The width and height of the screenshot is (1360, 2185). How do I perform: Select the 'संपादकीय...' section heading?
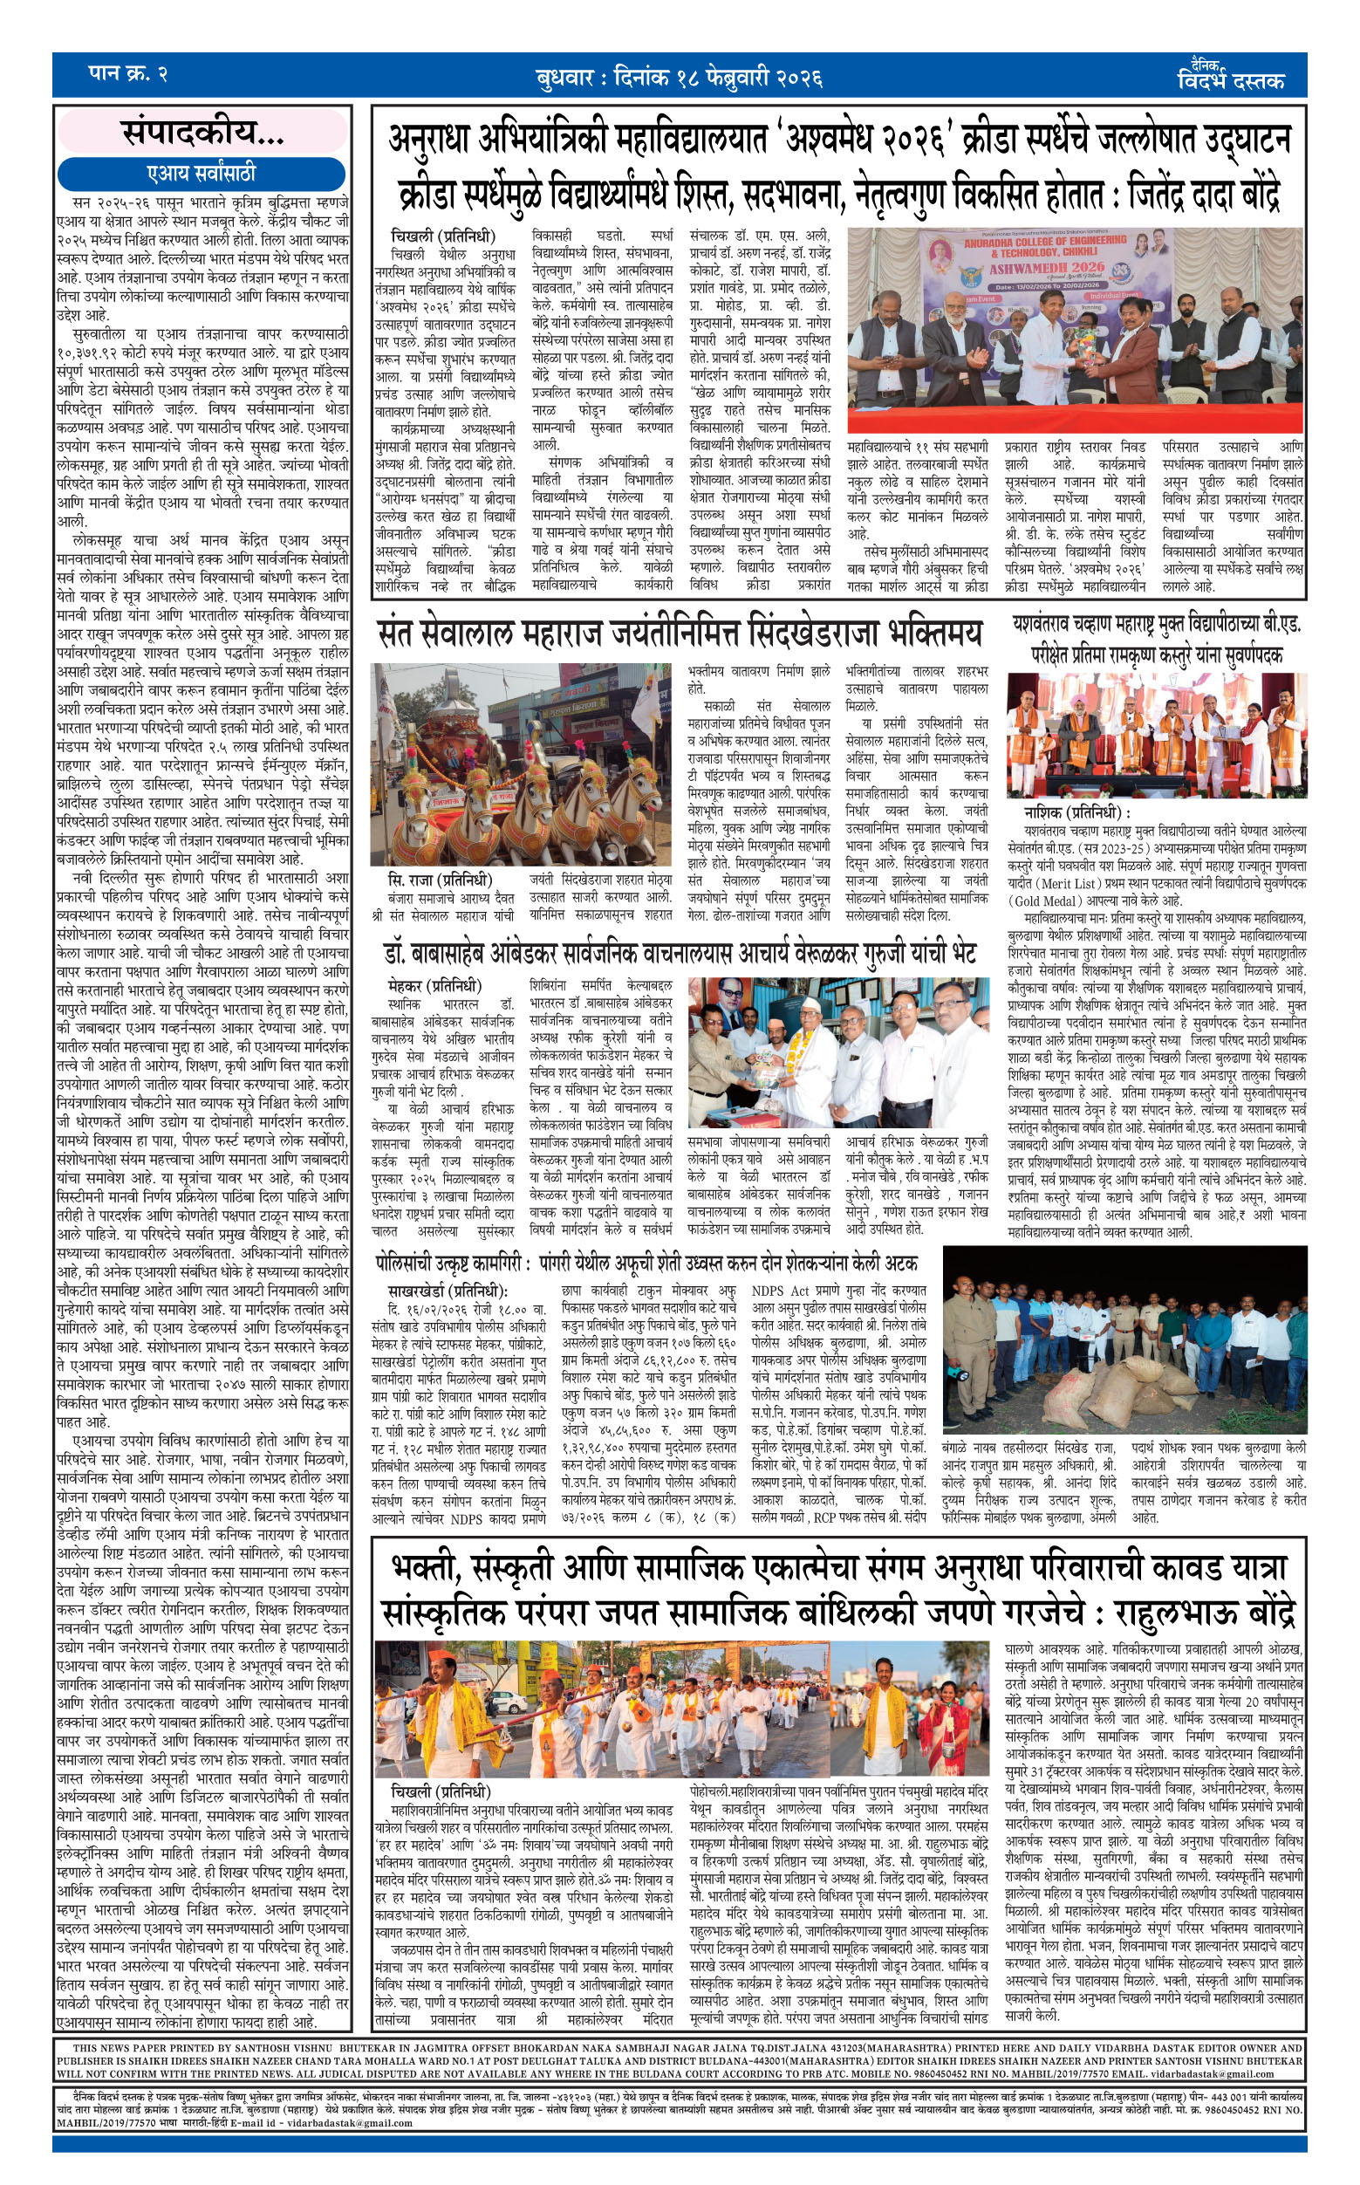pos(203,134)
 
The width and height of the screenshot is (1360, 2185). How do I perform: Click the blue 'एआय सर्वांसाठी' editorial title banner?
pos(201,173)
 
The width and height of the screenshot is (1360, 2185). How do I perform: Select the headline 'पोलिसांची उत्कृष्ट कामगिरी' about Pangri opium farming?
pos(646,1262)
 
